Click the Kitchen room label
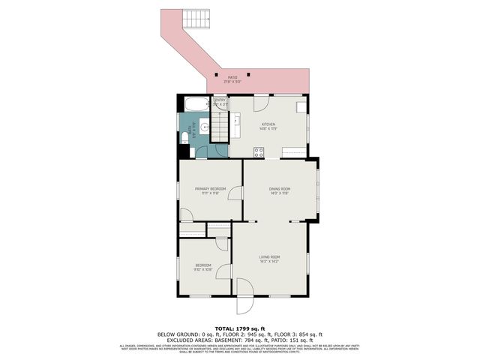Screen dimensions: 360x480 click(x=268, y=124)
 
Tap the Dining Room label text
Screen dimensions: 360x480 click(x=280, y=188)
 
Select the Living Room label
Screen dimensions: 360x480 click(x=269, y=257)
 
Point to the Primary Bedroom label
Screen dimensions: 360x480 click(x=210, y=188)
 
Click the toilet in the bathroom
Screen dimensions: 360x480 click(x=184, y=136)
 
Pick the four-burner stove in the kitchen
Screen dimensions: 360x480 click(x=259, y=152)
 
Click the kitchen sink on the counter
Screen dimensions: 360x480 click(x=234, y=120)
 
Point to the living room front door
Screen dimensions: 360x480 click(x=245, y=295)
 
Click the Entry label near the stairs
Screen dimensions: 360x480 click(x=220, y=100)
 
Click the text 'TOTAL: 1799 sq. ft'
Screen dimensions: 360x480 click(x=240, y=328)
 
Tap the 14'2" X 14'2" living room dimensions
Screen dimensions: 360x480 click(x=269, y=262)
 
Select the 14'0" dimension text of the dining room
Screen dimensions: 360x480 click(x=274, y=193)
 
